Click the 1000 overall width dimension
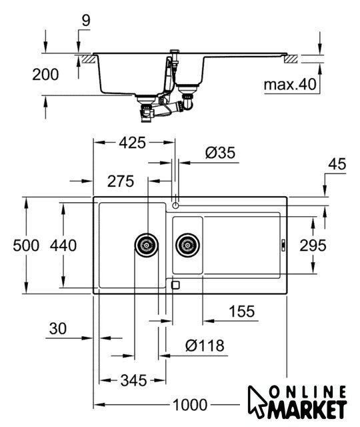(x=190, y=405)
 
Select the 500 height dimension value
(x=26, y=246)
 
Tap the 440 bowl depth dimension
(x=63, y=246)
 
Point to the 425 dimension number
(x=133, y=143)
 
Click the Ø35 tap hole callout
(x=220, y=153)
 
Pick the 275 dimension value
(x=121, y=181)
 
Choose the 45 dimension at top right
(x=337, y=164)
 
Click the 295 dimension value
(x=313, y=246)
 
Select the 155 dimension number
(x=241, y=312)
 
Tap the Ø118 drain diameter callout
(x=205, y=346)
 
